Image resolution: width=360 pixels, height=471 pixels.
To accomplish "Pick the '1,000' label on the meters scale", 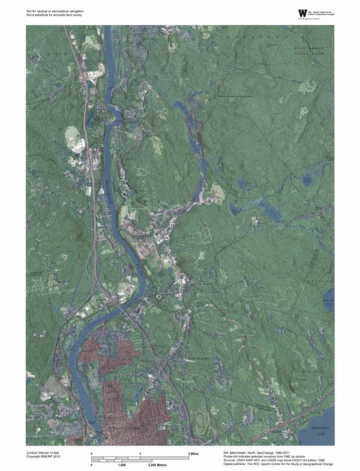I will [118, 466].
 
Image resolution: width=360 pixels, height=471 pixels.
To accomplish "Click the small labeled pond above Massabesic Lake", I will [328, 303].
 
